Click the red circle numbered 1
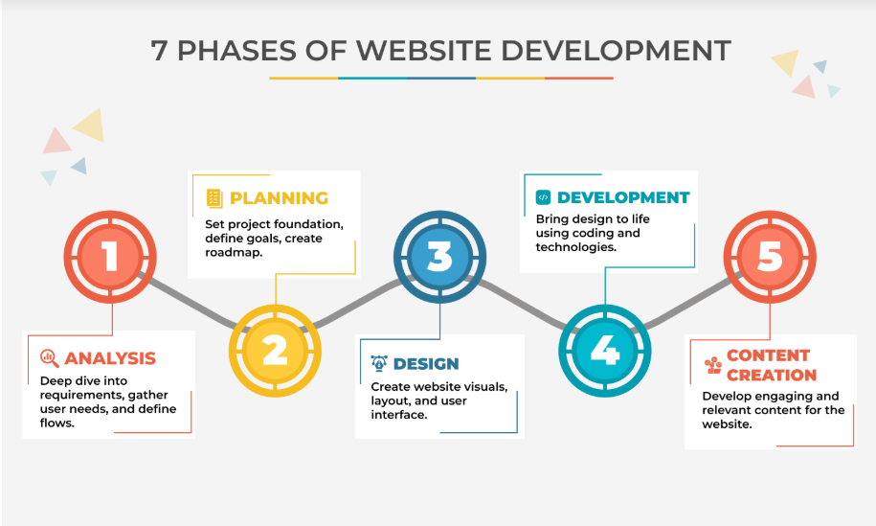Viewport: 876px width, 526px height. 110,257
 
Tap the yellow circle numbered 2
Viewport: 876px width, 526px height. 275,351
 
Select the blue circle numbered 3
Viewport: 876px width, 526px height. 439,257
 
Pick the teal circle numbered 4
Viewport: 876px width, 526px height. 604,351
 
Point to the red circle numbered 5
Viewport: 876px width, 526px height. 770,257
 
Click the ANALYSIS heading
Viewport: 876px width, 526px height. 110,358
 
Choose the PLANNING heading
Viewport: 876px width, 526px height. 280,198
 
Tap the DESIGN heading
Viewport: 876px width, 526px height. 426,364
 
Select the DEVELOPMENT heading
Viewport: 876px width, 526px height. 623,197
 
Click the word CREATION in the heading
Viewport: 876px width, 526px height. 772,375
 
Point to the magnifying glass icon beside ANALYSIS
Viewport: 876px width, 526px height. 49,358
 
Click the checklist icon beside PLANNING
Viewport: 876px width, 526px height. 214,198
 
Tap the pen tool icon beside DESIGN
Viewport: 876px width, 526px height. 379,363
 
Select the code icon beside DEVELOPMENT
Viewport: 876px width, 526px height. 543,197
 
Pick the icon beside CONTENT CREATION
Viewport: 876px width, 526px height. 713,365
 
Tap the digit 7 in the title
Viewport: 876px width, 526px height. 159,51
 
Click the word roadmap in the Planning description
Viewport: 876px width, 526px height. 234,253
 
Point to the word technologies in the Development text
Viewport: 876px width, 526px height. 576,247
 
